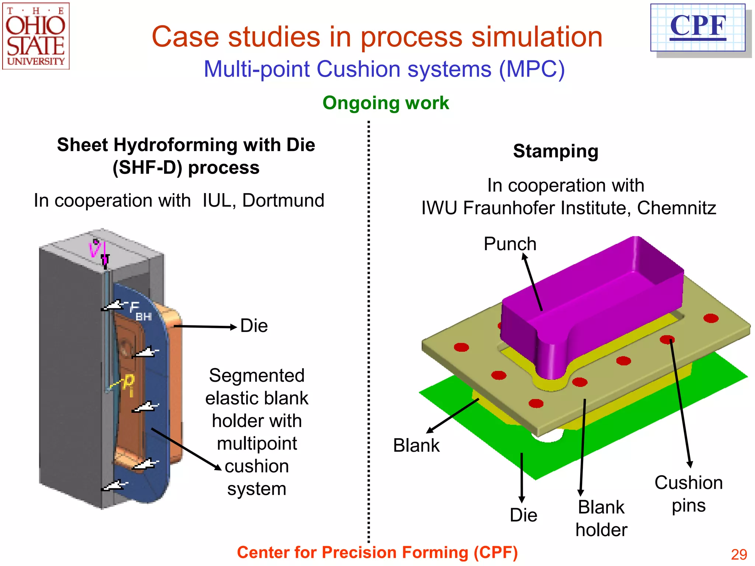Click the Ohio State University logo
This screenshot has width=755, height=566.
tap(36, 36)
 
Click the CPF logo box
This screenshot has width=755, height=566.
tap(698, 28)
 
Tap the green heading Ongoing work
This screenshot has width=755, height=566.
tap(386, 103)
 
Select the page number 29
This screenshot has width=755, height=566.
tap(739, 554)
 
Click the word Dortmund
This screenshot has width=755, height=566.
tap(283, 200)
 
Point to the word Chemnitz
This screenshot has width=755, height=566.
tap(676, 208)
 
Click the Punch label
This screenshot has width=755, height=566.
tap(510, 244)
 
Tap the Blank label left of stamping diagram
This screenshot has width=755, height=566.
tap(416, 446)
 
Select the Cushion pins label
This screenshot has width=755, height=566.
tap(688, 494)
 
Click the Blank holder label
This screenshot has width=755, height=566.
tap(601, 518)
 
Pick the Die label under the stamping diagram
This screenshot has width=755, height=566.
tap(523, 515)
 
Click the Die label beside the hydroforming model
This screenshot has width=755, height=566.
tap(254, 326)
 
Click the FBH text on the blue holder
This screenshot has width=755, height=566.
tap(140, 311)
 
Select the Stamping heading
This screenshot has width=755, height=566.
tap(556, 151)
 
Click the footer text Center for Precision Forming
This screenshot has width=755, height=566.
tap(377, 552)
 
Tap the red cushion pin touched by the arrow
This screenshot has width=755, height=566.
tap(667, 339)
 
